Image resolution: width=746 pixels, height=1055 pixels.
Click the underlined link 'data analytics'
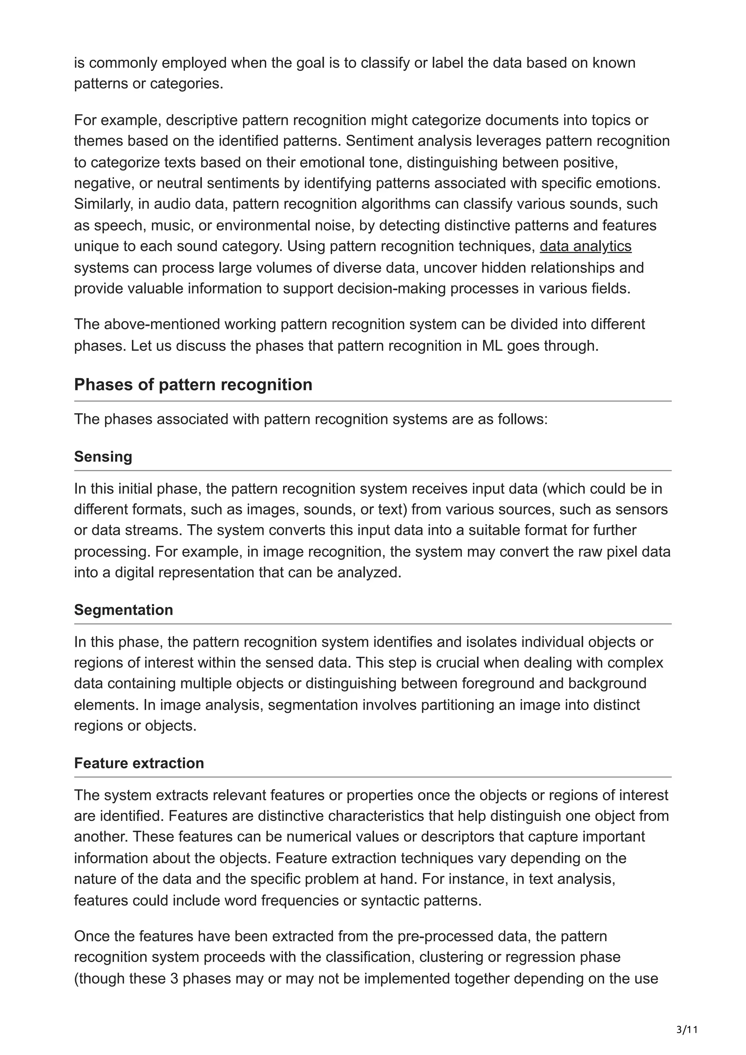point(585,247)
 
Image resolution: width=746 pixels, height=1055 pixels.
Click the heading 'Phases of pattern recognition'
point(193,384)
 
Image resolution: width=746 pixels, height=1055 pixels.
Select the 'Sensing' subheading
point(103,457)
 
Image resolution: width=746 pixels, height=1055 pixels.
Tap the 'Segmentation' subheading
point(123,610)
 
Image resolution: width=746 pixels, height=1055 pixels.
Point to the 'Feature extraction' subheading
point(139,763)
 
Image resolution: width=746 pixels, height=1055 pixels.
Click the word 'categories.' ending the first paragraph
point(186,84)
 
